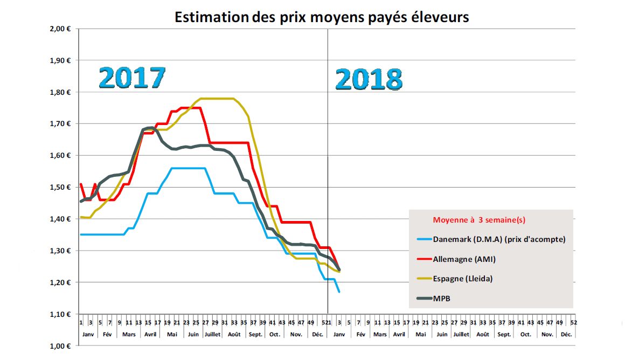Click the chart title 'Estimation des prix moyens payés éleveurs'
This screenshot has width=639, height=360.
point(322,17)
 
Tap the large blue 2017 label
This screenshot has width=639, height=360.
point(131,78)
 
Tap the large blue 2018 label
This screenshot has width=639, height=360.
point(369,79)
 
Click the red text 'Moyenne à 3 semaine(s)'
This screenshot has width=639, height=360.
point(478,220)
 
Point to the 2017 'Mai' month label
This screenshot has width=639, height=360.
point(172,334)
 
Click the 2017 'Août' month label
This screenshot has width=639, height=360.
point(234,334)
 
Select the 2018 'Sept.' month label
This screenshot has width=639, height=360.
point(504,334)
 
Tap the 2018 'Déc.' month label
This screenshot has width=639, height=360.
point(566,334)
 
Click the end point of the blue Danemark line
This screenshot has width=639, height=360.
point(339,292)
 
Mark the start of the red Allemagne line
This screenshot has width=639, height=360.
point(81,184)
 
